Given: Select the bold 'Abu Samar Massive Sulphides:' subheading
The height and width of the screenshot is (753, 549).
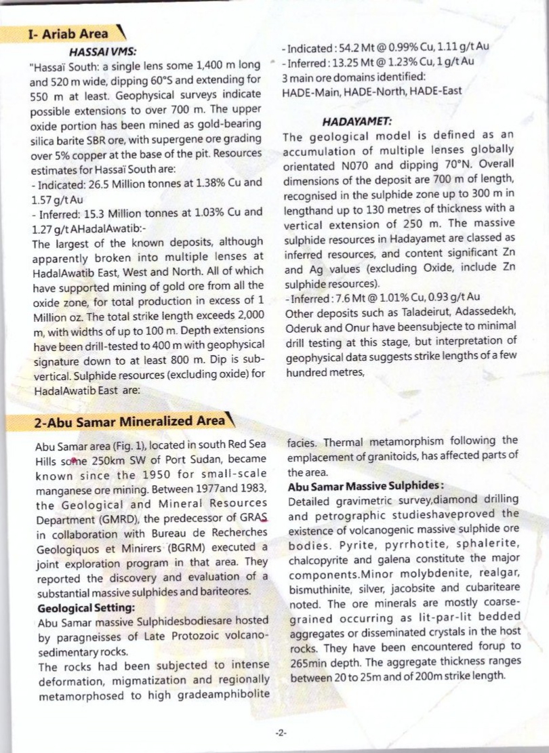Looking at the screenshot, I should tap(366, 487).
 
